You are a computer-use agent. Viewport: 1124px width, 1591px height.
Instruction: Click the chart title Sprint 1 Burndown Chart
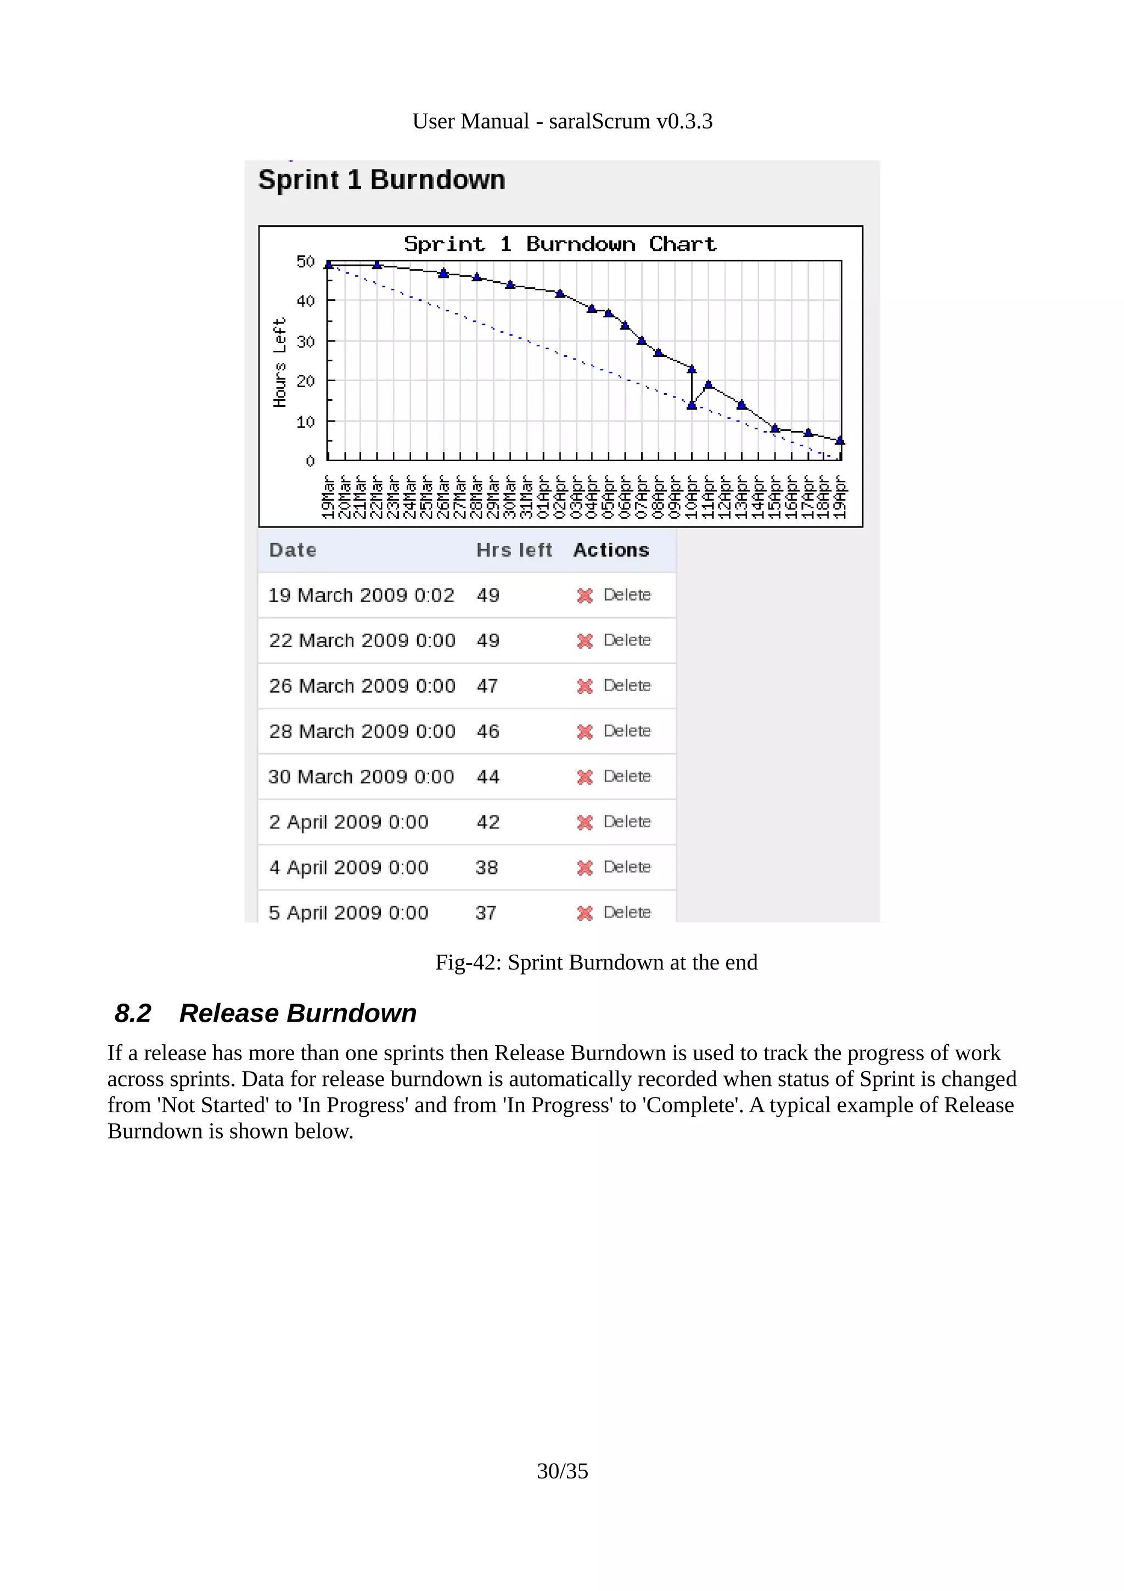coord(560,244)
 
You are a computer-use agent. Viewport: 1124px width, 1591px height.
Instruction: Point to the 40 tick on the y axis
coord(305,301)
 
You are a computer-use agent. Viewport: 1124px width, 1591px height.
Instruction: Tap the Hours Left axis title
coord(280,362)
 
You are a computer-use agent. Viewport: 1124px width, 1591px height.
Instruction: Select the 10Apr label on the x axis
coord(690,496)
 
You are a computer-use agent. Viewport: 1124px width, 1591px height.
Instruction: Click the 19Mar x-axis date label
coord(328,496)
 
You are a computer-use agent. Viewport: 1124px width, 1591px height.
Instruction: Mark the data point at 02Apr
coord(560,294)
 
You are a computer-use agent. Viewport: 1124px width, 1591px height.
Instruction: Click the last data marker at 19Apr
coord(840,440)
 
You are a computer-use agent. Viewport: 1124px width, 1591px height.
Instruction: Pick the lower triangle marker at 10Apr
coord(691,405)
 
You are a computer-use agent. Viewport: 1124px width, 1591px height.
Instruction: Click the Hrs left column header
coord(514,550)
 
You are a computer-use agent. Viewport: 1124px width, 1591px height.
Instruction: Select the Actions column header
coord(611,550)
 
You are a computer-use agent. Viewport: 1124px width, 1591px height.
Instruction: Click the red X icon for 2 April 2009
coord(585,822)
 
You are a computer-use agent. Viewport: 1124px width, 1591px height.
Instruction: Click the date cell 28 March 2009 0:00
coord(362,731)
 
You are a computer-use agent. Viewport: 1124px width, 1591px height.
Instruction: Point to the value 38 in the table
coord(486,867)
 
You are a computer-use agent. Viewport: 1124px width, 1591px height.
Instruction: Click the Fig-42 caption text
coord(595,962)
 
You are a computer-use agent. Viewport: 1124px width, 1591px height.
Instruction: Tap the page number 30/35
coord(563,1471)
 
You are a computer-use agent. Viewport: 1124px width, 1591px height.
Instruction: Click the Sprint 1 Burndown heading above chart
coord(381,180)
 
